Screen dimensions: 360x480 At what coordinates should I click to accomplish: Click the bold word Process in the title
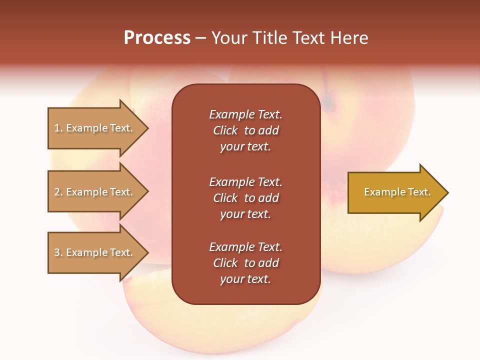pyautogui.click(x=157, y=38)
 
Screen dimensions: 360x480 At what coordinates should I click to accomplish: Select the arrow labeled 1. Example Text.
pyautogui.click(x=94, y=128)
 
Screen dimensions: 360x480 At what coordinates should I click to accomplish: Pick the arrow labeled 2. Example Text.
pyautogui.click(x=94, y=192)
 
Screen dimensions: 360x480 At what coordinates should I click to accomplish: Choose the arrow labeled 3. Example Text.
pyautogui.click(x=94, y=252)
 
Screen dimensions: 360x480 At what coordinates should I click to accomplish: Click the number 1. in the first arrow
pyautogui.click(x=58, y=128)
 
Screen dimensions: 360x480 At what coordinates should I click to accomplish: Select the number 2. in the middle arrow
pyautogui.click(x=58, y=192)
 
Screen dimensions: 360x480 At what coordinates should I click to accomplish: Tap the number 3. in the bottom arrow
pyautogui.click(x=58, y=252)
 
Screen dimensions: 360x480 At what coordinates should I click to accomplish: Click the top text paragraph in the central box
pyautogui.click(x=245, y=130)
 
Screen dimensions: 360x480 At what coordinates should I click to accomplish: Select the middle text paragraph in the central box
pyautogui.click(x=245, y=198)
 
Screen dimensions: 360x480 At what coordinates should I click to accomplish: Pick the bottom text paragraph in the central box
pyautogui.click(x=245, y=263)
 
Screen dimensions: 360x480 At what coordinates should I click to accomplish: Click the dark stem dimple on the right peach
pyautogui.click(x=328, y=103)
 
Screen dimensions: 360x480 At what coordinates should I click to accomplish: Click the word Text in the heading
pyautogui.click(x=307, y=38)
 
